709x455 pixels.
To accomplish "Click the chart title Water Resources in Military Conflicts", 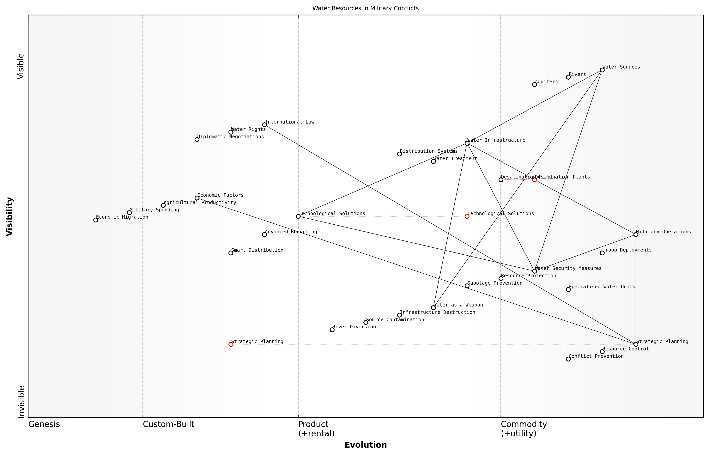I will coord(365,8).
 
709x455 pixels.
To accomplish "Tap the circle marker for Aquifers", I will coord(534,84).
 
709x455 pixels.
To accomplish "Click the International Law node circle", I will coord(264,125).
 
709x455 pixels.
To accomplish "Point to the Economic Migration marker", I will coord(95,220).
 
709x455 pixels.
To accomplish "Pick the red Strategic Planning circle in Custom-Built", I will coord(231,344).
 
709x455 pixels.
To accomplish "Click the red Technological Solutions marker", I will coord(467,216).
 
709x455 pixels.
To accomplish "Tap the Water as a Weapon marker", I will coord(433,308).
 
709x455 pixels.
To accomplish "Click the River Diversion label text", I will coord(354,327).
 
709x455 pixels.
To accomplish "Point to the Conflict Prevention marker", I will coord(568,359).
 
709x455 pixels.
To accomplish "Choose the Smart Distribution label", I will coord(257,250).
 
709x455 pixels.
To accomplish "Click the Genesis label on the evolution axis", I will coord(44,424).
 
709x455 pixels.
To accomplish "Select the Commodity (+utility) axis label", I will coord(524,428).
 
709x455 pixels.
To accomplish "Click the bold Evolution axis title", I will coord(365,445).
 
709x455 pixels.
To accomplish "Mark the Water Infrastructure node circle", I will coord(467,143).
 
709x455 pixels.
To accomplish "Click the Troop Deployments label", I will coord(627,250).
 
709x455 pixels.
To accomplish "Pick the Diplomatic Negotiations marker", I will coord(197,139).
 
